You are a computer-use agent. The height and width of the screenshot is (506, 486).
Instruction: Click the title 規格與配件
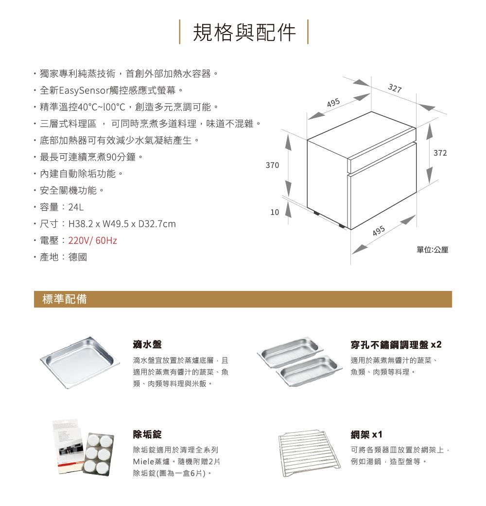tap(244, 32)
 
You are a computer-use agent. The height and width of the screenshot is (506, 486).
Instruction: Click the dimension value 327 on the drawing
tap(395, 88)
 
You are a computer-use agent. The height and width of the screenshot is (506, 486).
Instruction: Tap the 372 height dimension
tap(440, 153)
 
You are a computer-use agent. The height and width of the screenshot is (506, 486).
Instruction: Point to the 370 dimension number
tap(272, 165)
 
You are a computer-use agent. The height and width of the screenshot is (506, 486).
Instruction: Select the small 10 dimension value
tap(275, 212)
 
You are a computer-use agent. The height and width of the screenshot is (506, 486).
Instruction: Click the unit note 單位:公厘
tap(432, 250)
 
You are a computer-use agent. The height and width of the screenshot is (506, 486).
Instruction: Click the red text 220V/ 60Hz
tap(92, 240)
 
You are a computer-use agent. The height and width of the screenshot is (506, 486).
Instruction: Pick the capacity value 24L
tap(76, 207)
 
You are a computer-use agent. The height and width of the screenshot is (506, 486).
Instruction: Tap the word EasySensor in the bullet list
tap(84, 90)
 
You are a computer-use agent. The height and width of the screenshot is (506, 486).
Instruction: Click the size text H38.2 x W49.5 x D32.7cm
tap(122, 224)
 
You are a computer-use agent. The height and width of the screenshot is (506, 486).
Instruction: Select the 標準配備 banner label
tap(65, 299)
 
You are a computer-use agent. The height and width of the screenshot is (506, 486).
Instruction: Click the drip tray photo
tap(80, 362)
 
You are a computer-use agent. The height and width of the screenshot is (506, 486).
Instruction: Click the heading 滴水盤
tap(147, 344)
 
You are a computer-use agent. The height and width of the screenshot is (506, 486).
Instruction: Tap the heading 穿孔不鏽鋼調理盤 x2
tap(396, 344)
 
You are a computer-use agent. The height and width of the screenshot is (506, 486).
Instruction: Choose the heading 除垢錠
tap(147, 434)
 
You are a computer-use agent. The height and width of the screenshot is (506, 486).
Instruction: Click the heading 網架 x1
tap(366, 434)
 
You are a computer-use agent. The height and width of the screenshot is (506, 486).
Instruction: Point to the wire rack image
tap(310, 453)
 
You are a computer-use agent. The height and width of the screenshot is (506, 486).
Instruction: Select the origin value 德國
tap(78, 257)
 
